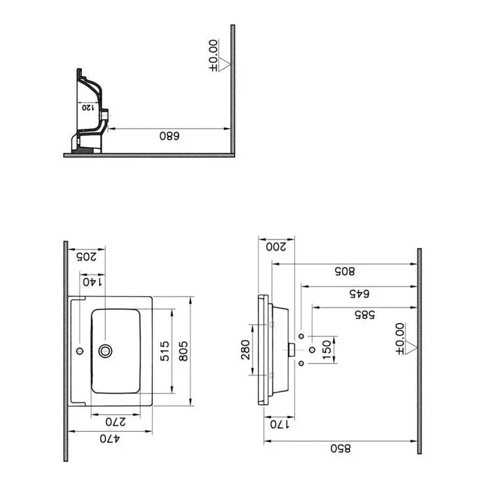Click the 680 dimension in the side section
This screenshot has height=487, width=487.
coord(169,136)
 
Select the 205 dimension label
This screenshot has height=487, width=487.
coord(86,257)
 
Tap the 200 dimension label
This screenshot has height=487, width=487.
coord(276,246)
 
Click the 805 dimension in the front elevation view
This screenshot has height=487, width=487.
coord(345,270)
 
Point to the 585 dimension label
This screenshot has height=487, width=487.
coord(365,314)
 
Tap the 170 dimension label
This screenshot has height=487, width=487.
coord(278,423)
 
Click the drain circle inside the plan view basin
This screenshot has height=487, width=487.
coord(104,351)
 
